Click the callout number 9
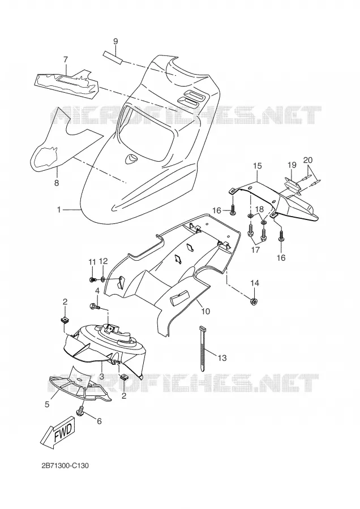pos(115,41)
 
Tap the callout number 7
pos(66,60)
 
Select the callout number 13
pos(222,358)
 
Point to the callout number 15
pos(257,166)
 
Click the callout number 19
pos(292,165)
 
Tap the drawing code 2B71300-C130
pos(65,466)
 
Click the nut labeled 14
pos(254,301)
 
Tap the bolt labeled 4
pos(95,306)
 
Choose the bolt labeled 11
pos(92,279)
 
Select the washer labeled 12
pos(102,278)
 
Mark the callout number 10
pos(205,312)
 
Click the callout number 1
pos(59,210)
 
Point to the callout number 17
pos(255,251)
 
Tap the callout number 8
pos(57,183)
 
